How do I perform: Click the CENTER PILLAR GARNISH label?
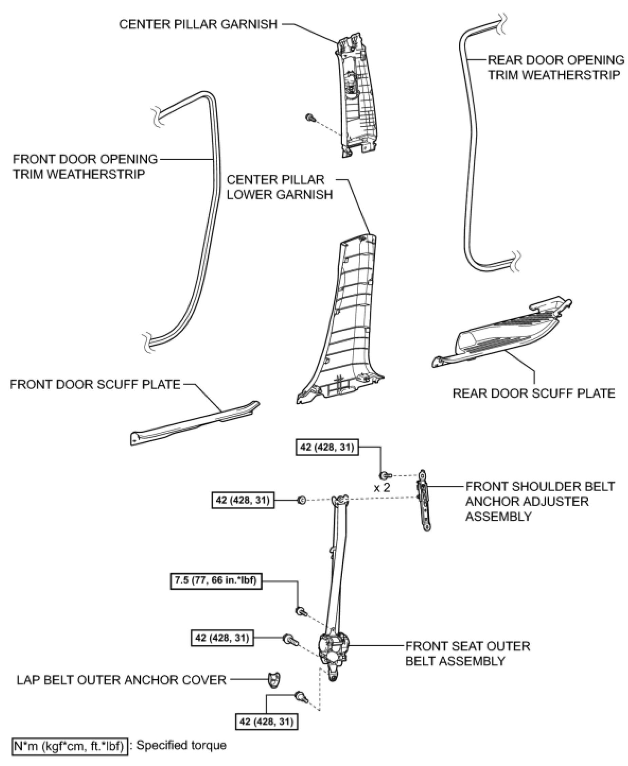(198, 24)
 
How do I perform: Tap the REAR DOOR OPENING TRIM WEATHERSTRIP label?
(555, 67)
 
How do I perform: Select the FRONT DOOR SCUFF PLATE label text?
(95, 384)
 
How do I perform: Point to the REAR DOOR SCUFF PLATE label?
(534, 393)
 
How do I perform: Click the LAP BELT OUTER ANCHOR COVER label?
(121, 680)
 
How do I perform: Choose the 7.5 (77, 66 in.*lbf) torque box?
(216, 580)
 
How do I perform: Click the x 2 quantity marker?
(382, 488)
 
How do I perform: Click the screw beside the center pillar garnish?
(310, 117)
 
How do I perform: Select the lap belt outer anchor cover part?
(274, 679)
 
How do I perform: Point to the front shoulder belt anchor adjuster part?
(423, 500)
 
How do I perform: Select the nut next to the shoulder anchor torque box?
(301, 500)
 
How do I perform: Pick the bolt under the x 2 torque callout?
(385, 475)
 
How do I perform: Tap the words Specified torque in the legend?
(181, 745)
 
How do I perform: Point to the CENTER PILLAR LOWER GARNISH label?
(279, 187)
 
